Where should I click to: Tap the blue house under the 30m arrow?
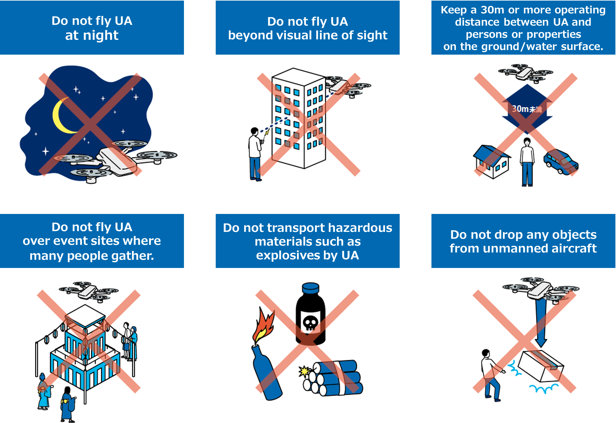tap(491, 162)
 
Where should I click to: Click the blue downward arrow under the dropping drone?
tap(541, 324)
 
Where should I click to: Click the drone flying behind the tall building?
tap(348, 86)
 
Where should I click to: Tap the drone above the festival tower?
tap(89, 291)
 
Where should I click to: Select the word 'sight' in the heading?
tap(372, 36)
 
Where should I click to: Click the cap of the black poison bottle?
tap(310, 288)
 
